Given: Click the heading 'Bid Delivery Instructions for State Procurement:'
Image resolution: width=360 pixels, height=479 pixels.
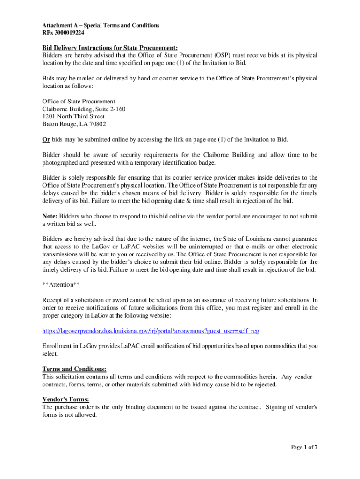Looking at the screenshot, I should click(110, 48).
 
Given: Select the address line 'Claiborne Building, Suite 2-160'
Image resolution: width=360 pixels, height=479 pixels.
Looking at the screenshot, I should click(84, 109).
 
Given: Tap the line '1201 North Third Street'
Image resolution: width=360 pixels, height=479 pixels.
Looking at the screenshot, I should click(73, 116).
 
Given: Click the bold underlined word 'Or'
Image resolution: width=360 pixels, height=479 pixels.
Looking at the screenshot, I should click(46, 139).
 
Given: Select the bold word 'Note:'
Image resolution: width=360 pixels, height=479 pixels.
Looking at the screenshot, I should click(50, 216).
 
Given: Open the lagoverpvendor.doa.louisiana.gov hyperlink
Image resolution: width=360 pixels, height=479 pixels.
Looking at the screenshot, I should click(151, 331).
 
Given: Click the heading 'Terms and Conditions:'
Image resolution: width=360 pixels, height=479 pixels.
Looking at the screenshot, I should click(74, 369).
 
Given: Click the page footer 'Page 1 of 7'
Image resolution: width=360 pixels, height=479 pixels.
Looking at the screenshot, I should click(304, 447).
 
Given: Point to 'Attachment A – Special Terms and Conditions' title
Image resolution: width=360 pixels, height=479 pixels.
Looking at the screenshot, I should click(101, 25).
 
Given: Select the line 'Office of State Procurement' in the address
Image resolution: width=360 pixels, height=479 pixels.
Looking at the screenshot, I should click(79, 102).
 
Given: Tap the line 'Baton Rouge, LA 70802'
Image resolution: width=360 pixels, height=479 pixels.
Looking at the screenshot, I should click(74, 124).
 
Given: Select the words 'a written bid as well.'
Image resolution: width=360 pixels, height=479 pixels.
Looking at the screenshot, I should click(71, 224).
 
